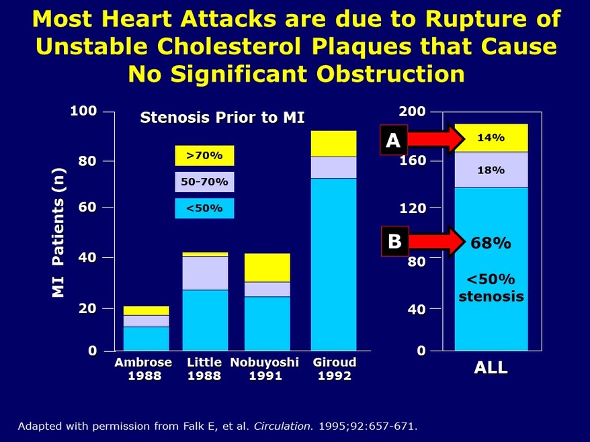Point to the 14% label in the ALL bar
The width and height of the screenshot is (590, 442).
click(491, 138)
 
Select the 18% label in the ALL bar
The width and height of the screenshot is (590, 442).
click(491, 170)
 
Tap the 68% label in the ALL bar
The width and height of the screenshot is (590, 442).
click(491, 242)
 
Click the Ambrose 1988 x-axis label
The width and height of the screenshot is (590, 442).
click(143, 369)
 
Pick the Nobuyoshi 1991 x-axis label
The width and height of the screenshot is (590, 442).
click(265, 369)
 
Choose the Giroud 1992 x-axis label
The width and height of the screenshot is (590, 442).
click(334, 369)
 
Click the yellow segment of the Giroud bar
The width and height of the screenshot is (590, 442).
click(333, 143)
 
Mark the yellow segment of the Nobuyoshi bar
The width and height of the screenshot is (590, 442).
click(267, 267)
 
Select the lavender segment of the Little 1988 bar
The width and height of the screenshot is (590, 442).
click(205, 273)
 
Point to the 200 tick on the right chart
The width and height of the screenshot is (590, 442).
click(413, 111)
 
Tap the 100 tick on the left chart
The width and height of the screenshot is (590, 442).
click(84, 111)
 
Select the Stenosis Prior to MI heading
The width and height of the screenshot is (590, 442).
click(222, 118)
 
